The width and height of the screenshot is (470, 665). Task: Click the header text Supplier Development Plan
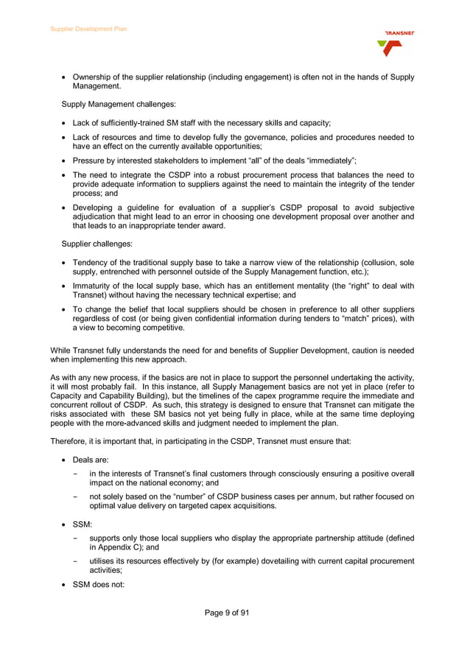pyautogui.click(x=88, y=29)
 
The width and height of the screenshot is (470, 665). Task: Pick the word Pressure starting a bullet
pyautogui.click(x=89, y=160)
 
